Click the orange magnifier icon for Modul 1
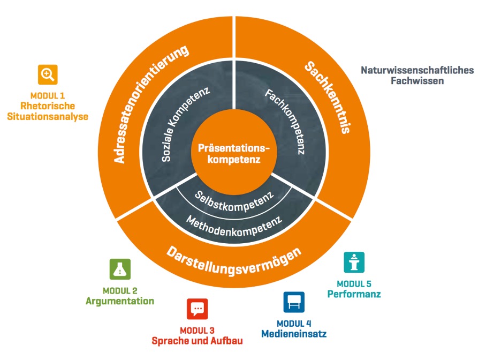click(48, 74)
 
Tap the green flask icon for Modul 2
click(120, 269)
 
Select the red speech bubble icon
click(197, 309)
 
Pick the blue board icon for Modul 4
click(294, 302)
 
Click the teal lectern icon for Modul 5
click(354, 262)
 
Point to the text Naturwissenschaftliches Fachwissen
click(417, 76)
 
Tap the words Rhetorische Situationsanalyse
click(48, 111)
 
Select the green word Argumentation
click(120, 301)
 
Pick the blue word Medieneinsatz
click(294, 334)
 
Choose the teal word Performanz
click(354, 294)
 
